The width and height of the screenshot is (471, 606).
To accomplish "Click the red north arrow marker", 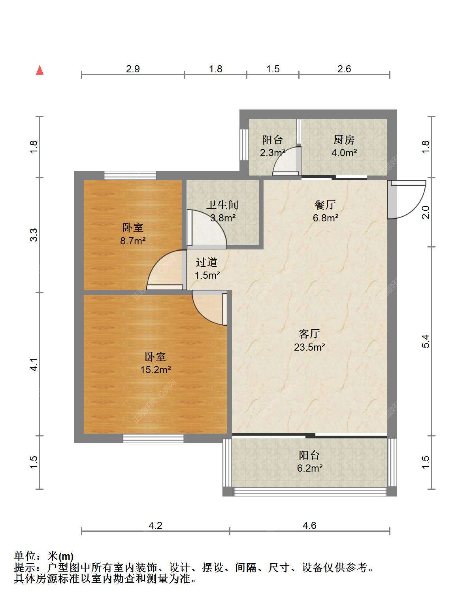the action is tap(40, 70).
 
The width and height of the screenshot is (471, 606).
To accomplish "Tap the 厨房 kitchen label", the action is tap(344, 140).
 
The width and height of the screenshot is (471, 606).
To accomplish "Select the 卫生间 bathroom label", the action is tap(222, 205).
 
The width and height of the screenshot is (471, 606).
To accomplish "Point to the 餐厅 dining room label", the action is tap(325, 205).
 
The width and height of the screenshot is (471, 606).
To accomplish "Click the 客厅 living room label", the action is tap(309, 334).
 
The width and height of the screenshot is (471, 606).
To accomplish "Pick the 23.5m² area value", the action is tap(309, 347).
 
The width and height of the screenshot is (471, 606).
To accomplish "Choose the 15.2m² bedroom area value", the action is tap(156, 370).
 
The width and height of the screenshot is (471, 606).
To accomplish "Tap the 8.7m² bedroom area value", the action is tap(133, 241).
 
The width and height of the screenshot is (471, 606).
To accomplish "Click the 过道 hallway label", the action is tap(206, 262).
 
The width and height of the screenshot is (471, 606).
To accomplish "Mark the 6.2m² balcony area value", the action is tap(310, 468).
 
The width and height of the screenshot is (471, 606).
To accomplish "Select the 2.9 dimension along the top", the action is tap(133, 69).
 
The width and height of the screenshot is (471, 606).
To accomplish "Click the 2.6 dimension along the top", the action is tap(344, 69).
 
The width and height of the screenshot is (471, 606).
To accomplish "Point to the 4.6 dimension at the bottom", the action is tap(309, 526).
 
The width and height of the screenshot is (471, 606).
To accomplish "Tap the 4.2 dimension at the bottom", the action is tap(155, 526).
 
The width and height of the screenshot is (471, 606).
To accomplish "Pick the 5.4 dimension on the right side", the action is tap(426, 341).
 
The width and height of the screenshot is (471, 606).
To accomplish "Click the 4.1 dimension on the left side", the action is tap(34, 364).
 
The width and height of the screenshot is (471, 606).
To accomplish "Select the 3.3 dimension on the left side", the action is tap(34, 235).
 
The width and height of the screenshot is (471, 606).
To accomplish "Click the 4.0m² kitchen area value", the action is tap(344, 153).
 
